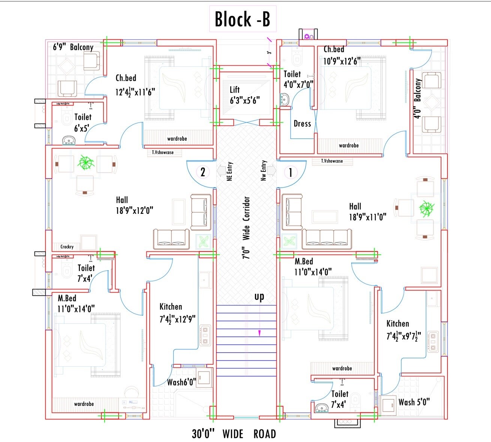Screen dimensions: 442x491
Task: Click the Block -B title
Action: [x=242, y=19]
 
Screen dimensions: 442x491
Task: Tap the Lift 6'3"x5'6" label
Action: [x=244, y=95]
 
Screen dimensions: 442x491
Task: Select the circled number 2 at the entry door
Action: [x=203, y=172]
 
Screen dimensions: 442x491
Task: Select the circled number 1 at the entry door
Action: [x=290, y=173]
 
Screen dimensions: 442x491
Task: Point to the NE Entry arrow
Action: [x=221, y=171]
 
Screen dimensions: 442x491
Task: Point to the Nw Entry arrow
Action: [x=272, y=171]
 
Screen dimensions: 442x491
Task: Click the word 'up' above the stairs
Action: [x=259, y=297]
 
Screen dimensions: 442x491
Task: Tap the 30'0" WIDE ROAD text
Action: [x=234, y=434]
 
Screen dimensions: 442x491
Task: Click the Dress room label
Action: [x=302, y=124]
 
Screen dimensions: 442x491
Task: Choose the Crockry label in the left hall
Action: [x=67, y=247]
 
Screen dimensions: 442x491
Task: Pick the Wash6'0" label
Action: [x=182, y=382]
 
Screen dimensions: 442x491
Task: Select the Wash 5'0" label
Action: [x=414, y=402]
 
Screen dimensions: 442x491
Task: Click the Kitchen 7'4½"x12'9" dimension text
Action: [x=177, y=319]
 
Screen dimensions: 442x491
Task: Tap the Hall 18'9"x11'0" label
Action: [x=367, y=212]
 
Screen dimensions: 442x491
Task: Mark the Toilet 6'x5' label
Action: [x=82, y=123]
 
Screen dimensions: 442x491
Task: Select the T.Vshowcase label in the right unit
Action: [x=332, y=161]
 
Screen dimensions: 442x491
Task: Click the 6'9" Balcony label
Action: [x=73, y=47]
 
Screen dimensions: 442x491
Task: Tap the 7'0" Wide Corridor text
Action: [x=246, y=228]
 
